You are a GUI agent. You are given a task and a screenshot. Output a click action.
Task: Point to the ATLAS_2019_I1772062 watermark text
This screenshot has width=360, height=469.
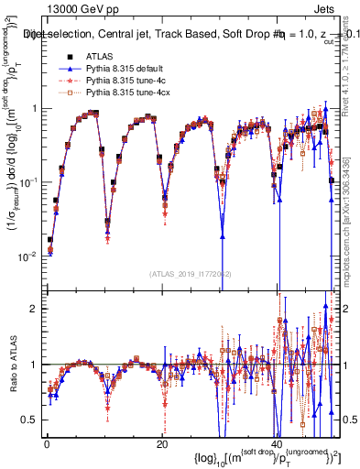click(x=191, y=274)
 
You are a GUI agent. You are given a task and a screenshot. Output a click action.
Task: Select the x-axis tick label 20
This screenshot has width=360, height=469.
click(x=161, y=442)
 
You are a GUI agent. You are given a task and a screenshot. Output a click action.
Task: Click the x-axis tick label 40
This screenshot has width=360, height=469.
click(x=276, y=442)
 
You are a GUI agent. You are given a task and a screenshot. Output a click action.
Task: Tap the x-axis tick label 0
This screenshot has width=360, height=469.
click(x=47, y=442)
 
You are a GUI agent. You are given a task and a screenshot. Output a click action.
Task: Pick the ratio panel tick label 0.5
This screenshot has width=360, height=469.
click(x=31, y=420)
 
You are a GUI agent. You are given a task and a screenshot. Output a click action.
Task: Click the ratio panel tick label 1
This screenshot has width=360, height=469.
click(x=35, y=365)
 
